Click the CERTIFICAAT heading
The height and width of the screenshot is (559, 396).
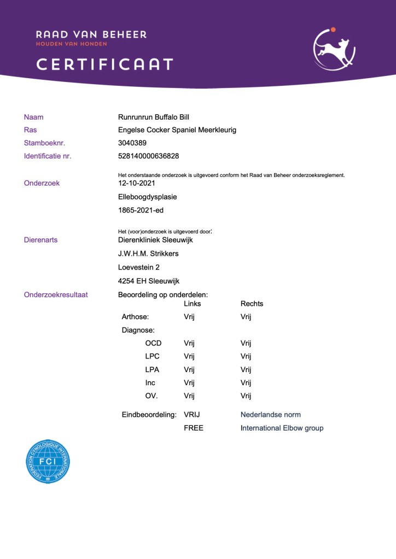104,64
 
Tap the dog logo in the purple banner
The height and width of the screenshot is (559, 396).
334,50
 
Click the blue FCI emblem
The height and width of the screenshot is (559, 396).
48,462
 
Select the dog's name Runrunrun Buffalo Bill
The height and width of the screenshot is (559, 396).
153,117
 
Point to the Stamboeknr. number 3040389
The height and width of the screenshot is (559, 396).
132,143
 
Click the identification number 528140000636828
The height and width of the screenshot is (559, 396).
148,156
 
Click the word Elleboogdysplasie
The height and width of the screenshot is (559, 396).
147,197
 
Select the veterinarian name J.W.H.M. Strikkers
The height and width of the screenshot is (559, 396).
148,254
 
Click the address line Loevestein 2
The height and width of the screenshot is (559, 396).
139,267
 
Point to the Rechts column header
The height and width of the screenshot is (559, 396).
252,304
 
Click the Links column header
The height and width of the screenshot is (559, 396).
193,304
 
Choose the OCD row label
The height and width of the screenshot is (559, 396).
153,343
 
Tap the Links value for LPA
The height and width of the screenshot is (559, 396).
189,369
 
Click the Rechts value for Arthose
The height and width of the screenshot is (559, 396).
246,317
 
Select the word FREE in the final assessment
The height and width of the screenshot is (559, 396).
194,428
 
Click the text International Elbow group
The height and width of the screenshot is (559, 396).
282,428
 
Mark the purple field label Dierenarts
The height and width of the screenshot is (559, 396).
40,240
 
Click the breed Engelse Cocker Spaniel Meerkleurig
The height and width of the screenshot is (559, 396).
177,130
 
